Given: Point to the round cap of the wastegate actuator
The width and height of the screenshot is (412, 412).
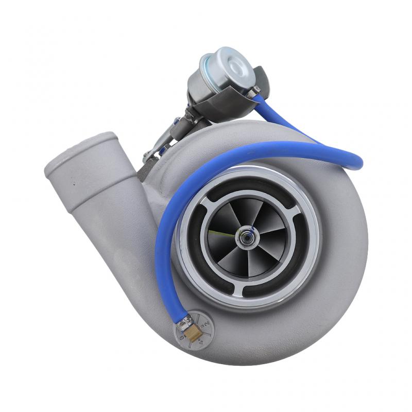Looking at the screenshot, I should [x=235, y=64].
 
